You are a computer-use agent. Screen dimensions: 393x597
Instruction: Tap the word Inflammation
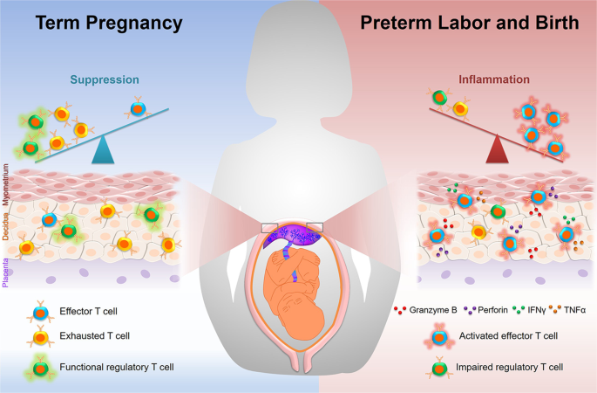click(494, 79)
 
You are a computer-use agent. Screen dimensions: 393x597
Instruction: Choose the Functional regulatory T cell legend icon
click(37, 367)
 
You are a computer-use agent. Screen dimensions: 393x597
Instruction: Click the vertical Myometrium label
click(7, 180)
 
